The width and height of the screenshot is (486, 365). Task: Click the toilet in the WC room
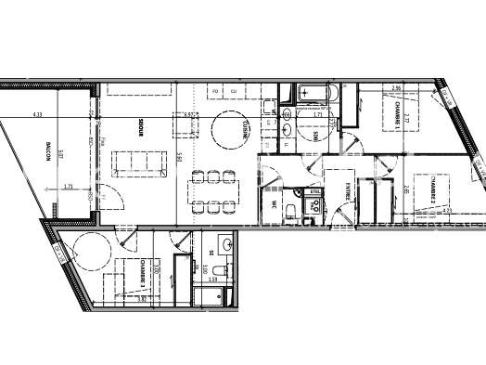(292, 208)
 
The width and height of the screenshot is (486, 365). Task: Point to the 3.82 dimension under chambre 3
(142, 299)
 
